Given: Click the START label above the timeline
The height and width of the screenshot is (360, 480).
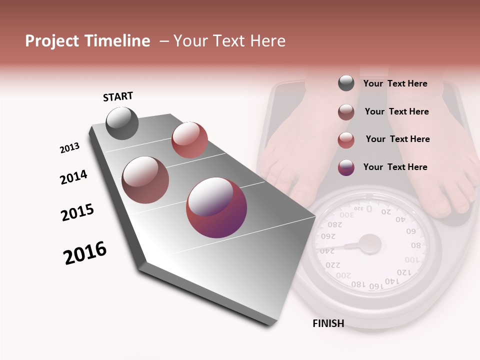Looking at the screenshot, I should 118,96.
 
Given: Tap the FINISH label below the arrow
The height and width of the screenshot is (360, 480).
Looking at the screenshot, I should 328,323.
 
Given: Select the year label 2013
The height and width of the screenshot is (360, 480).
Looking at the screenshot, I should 69,148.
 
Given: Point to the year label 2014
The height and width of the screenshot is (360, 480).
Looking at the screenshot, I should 73,177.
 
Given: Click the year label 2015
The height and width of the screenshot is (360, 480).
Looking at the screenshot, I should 77,212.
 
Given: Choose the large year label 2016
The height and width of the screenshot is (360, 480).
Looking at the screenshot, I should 85,253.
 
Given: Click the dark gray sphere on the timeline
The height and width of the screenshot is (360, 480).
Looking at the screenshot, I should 122,123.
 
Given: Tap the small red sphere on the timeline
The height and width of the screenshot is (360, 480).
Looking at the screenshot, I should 189,140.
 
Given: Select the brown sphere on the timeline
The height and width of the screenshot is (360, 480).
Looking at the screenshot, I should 145,179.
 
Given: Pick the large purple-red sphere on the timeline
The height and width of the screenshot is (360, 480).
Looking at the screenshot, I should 216,207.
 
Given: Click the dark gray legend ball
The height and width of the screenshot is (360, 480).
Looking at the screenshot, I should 346,83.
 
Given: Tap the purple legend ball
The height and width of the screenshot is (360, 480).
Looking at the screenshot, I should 346,167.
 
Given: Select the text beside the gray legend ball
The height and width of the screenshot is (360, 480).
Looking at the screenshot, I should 395,83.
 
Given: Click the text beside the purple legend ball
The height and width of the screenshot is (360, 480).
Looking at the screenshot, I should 395,167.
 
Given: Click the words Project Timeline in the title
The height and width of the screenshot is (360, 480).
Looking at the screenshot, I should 87,41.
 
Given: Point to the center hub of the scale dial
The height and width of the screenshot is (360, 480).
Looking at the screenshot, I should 370,243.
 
